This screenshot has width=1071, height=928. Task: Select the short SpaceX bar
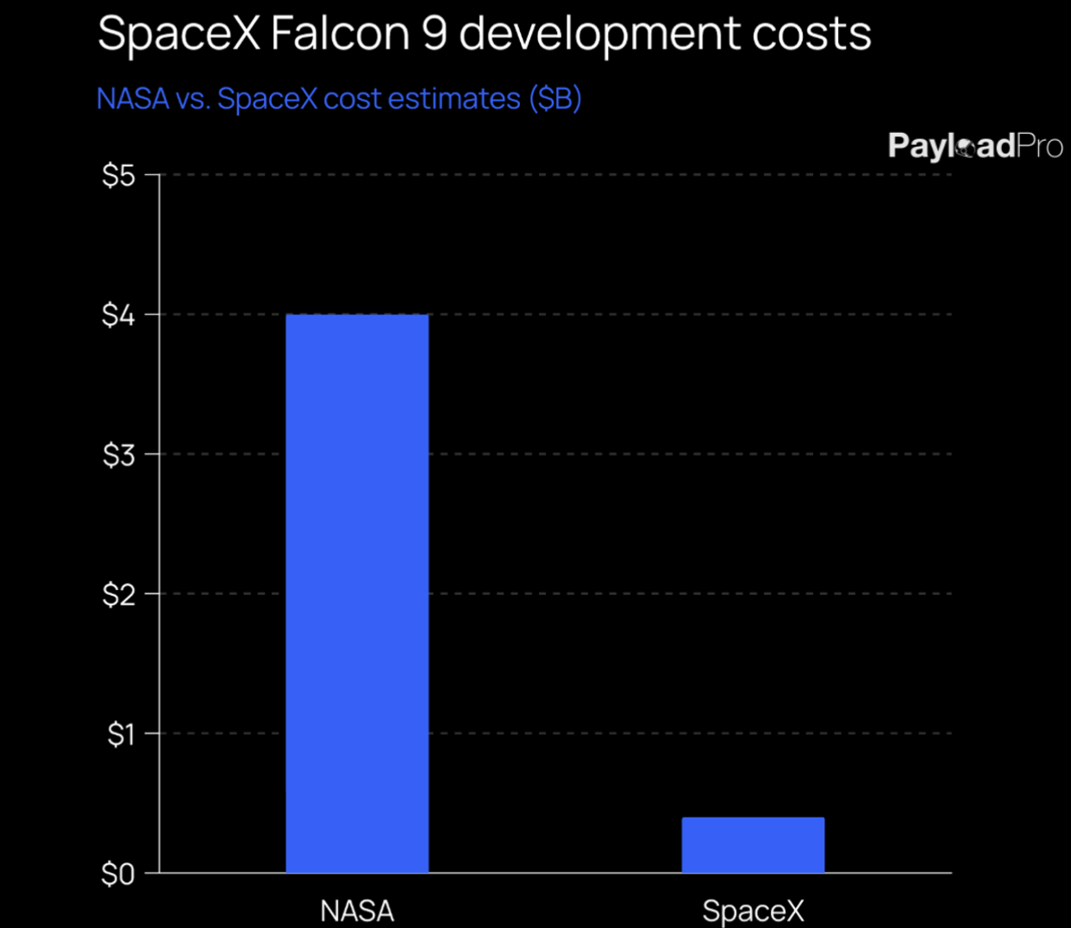(x=753, y=845)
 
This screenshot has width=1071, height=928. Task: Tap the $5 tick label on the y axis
(x=119, y=176)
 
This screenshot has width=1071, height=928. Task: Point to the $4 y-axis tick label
(x=119, y=316)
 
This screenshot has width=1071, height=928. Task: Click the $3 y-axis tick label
(x=119, y=455)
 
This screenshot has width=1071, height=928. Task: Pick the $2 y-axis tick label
(x=119, y=595)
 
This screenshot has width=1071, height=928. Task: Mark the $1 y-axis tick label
(x=121, y=735)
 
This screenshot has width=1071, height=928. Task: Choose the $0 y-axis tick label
(x=118, y=875)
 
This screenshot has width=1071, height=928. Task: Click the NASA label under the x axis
(x=357, y=911)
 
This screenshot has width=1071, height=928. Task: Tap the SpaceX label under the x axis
(x=753, y=911)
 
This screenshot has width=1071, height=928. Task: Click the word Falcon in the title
(x=340, y=34)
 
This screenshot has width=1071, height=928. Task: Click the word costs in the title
(x=811, y=34)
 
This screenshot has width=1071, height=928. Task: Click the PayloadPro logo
(x=975, y=146)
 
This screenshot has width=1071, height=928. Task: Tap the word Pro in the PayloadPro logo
(x=1040, y=146)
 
